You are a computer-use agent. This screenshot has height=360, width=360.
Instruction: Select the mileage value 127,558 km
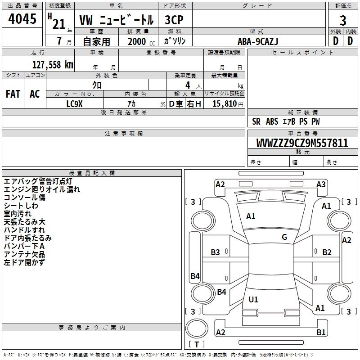(53, 65)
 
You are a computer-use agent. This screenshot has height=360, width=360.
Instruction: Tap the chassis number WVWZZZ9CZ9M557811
(302, 144)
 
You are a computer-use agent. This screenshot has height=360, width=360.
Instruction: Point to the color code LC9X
(75, 103)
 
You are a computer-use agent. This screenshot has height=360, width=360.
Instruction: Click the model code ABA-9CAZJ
(258, 41)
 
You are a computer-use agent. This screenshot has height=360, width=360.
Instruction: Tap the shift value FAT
(13, 94)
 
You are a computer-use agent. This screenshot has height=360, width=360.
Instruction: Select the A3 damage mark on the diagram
(321, 184)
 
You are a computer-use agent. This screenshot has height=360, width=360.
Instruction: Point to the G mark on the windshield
(284, 237)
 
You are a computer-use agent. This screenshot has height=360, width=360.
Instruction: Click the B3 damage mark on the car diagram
(216, 252)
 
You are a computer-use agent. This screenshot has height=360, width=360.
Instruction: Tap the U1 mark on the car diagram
(253, 299)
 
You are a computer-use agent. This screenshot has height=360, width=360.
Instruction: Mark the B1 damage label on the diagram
(321, 333)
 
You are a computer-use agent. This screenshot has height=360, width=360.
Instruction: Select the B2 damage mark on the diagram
(327, 252)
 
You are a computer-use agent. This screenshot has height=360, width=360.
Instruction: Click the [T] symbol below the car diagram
(197, 344)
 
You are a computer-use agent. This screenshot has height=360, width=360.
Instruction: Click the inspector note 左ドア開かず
(24, 263)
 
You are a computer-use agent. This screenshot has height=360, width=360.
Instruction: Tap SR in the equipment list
(256, 121)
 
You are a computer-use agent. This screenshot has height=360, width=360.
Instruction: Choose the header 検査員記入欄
(92, 173)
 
